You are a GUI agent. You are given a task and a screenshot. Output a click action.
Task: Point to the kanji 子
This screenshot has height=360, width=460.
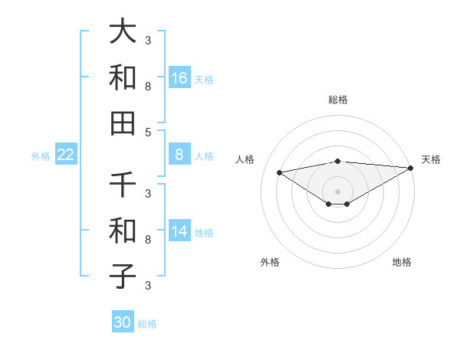tap(123, 276)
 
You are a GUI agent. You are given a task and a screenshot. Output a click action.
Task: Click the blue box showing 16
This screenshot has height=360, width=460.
tap(179, 77)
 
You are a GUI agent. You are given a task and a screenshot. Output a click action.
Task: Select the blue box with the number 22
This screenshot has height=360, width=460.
tap(65, 155)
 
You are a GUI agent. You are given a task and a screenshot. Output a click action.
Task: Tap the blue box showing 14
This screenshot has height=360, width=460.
tap(179, 231)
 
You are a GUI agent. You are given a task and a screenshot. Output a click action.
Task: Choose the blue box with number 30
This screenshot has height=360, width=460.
tap(123, 322)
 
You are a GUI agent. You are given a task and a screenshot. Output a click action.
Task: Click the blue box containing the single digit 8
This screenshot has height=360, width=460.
tap(179, 155)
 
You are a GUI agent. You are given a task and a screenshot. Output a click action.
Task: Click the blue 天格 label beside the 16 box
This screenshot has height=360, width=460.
tap(204, 79)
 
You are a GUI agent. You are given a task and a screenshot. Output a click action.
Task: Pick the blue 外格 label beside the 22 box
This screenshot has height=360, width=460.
tap(41, 155)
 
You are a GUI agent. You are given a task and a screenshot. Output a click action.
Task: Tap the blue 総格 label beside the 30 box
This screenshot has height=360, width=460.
tap(147, 324)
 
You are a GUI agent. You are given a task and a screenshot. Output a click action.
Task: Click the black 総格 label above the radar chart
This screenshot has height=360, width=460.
tap(337, 100)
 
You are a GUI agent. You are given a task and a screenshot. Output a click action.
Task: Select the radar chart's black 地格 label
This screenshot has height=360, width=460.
tap(402, 262)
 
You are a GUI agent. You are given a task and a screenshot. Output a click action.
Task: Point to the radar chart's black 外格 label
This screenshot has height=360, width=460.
tap(270, 262)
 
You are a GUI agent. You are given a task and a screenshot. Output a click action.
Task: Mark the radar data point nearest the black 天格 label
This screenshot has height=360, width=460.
tap(411, 168)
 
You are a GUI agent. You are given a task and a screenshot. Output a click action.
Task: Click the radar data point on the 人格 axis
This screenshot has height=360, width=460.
tap(279, 172)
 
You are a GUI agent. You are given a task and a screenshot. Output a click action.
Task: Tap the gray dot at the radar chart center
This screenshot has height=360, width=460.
tap(337, 191)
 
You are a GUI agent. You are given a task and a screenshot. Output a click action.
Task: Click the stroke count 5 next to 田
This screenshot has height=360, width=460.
tap(148, 132)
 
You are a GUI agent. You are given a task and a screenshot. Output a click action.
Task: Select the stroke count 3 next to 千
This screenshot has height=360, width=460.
tap(148, 193)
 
